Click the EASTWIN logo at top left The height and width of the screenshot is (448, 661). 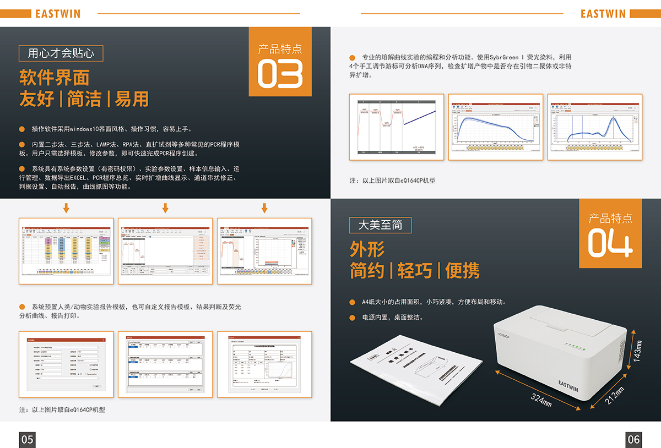(57, 13)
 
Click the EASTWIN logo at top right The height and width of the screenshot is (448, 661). (603, 13)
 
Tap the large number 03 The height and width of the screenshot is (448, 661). (280, 74)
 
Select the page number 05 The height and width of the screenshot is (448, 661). (27, 439)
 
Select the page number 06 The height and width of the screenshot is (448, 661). (633, 439)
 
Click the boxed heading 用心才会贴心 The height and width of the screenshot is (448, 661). (61, 53)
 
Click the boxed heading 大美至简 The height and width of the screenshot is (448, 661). (380, 225)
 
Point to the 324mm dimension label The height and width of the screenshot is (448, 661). (541, 400)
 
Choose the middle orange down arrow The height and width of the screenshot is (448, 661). (165, 208)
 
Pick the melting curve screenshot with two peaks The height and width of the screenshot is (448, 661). (594, 127)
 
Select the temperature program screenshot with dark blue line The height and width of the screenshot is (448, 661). (397, 127)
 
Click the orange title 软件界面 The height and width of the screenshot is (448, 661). (54, 78)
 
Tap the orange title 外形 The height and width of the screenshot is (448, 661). (367, 249)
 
